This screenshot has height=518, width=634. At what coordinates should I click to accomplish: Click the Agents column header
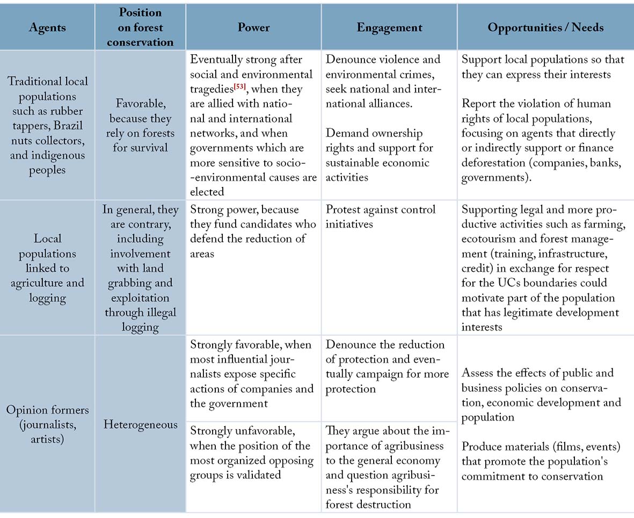[47, 27]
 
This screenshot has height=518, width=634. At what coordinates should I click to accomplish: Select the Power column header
[253, 27]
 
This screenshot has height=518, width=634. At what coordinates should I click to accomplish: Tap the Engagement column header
[389, 27]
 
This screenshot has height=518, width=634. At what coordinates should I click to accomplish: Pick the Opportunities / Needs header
[545, 27]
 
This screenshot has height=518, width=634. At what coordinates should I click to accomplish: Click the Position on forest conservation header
[140, 27]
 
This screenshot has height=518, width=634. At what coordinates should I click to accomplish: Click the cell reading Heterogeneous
[140, 425]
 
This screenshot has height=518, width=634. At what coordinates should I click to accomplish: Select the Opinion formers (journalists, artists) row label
[47, 425]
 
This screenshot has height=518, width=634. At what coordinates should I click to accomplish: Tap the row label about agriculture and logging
[47, 268]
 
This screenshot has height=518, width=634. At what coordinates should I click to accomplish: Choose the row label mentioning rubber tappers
[47, 125]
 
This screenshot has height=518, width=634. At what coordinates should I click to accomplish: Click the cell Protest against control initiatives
[381, 217]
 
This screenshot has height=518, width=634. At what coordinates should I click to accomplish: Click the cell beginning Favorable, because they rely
[140, 125]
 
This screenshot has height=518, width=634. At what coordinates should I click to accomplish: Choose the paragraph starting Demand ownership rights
[378, 155]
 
